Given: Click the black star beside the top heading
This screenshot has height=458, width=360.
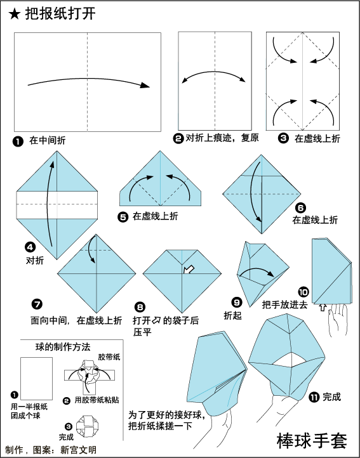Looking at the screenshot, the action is [14, 14].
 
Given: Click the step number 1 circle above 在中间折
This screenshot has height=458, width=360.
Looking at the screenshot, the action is [18, 141].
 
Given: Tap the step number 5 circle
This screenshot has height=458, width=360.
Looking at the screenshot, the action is [123, 217].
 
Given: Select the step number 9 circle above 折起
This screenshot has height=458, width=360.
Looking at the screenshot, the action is [237, 302].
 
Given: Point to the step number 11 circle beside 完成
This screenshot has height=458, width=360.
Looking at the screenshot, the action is [314, 397].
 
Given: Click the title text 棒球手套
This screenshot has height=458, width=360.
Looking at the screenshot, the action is [312, 441].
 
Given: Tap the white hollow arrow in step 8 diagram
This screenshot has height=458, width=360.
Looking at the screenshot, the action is [189, 270].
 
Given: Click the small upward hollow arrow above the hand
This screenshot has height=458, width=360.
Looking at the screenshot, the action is [323, 307].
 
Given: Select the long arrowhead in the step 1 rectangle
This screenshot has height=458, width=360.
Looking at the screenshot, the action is [145, 85].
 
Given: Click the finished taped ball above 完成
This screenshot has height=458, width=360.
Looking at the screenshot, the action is [87, 426].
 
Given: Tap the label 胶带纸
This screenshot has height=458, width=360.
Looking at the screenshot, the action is [109, 357].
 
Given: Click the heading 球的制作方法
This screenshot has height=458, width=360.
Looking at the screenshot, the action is [63, 347].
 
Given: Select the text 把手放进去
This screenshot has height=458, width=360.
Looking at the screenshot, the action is [285, 305].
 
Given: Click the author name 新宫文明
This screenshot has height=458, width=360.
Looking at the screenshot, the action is [78, 450].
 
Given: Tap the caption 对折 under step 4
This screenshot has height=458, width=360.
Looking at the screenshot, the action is [35, 260].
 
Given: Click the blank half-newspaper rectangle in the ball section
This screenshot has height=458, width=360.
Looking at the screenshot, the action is [37, 379].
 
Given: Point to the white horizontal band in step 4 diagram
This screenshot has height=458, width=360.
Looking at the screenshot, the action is [57, 205].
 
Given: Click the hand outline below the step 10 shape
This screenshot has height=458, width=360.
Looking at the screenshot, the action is [338, 320].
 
